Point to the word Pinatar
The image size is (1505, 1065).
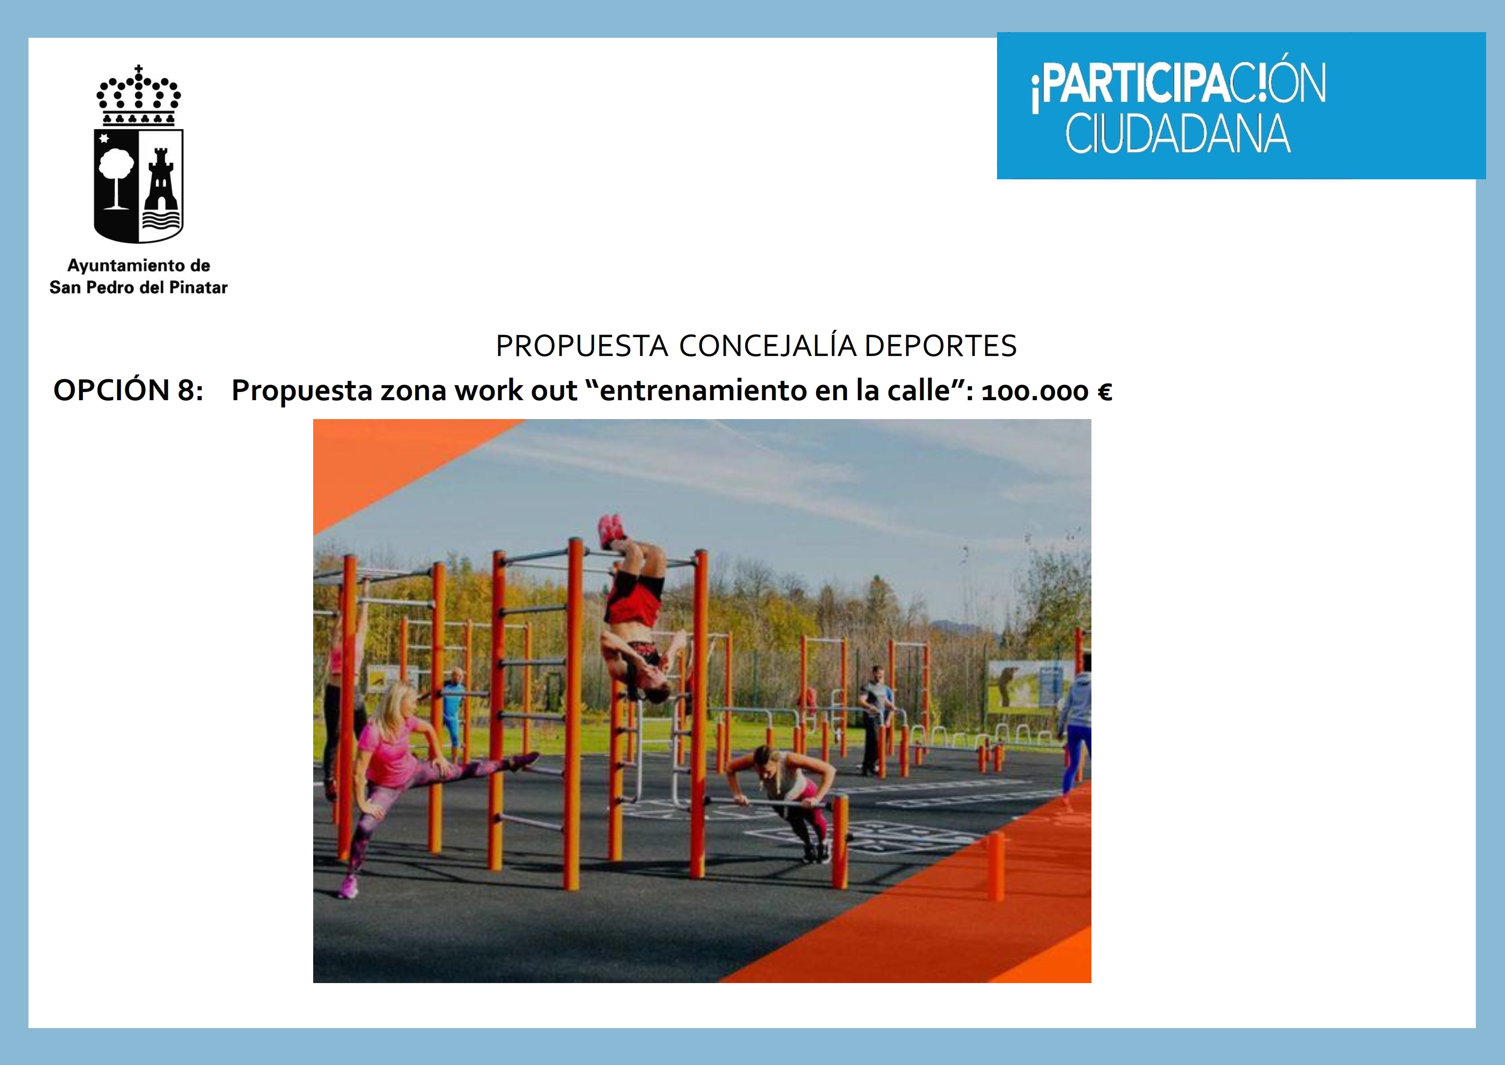pyautogui.click(x=198, y=287)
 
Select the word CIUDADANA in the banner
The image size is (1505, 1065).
pyautogui.click(x=1178, y=134)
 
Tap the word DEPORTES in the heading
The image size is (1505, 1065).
pyautogui.click(x=940, y=346)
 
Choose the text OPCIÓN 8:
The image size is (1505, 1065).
pyautogui.click(x=129, y=390)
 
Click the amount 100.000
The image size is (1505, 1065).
pyautogui.click(x=1035, y=392)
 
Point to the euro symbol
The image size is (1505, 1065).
pyautogui.click(x=1104, y=392)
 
